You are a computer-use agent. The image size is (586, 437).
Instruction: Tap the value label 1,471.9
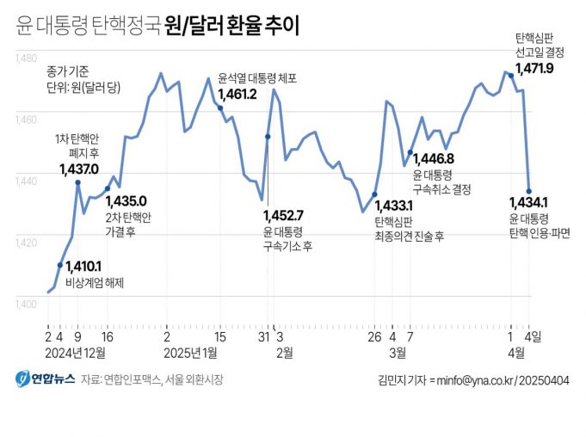pos(540,68)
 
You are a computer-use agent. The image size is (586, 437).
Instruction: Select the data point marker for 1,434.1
pos(528,191)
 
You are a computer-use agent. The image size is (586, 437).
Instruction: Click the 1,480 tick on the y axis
pos(26,58)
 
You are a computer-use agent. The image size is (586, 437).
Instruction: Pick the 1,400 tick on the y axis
pos(26,303)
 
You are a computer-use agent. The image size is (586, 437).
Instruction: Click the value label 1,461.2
pos(237,94)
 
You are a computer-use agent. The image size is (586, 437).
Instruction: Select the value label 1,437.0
pos(79,169)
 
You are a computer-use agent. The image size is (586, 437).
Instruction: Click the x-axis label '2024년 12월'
pos(76,352)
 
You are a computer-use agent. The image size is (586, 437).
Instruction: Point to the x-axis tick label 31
pos(262,337)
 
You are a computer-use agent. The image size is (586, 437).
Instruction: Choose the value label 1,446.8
pos(433,158)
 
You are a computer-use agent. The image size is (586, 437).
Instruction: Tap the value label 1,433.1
pos(394,206)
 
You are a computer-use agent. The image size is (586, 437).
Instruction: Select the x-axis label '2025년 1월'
pos(191,352)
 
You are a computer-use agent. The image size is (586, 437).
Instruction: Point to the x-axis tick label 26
pos(374,337)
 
